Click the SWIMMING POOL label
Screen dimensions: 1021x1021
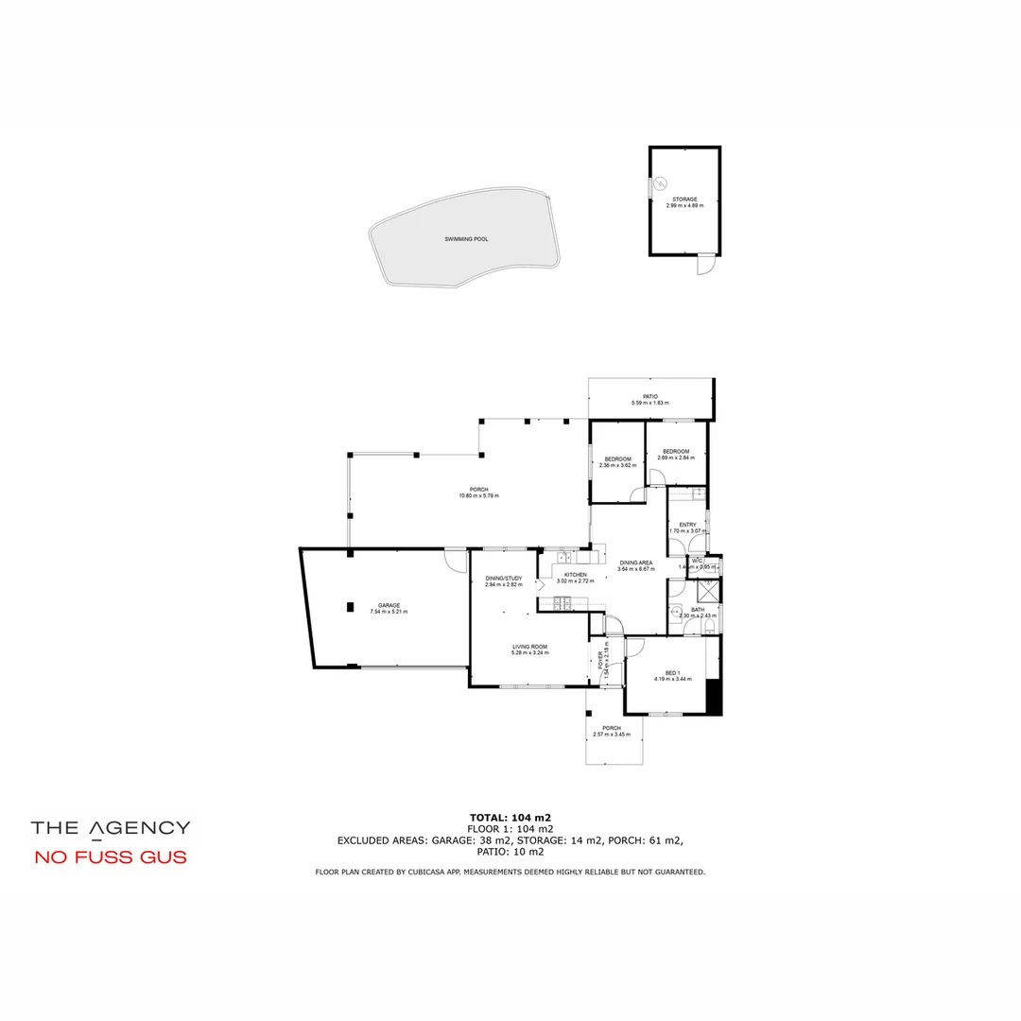467,239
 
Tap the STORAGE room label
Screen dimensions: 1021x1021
684,199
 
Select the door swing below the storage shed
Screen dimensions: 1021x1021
705,266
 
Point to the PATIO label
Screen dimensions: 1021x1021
650,397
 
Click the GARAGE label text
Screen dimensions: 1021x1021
389,605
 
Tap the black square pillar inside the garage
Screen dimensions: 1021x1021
350,606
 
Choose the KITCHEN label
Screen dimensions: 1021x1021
575,575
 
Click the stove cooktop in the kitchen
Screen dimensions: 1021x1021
562,602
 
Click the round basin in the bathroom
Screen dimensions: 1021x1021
677,610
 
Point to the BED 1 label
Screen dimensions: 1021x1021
672,672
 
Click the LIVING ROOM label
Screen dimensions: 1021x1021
529,647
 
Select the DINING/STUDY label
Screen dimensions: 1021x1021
503,578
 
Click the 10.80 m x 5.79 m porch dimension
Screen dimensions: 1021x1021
478,495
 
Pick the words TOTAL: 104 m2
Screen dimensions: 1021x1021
510,818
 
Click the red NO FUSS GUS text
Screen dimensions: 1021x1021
110,857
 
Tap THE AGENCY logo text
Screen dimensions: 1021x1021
111,827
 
